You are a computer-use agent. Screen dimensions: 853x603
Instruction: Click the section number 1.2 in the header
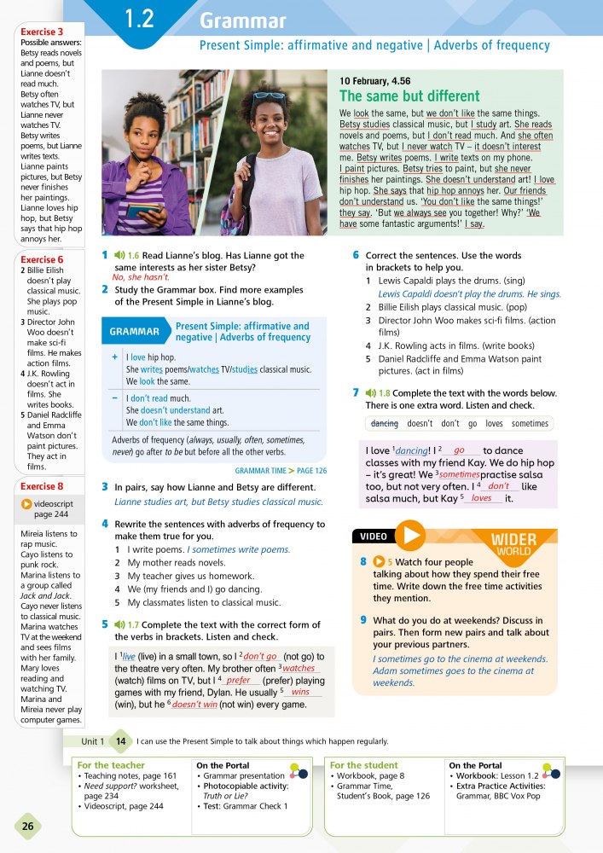[x=139, y=19]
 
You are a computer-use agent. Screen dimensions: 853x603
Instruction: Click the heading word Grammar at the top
[x=242, y=21]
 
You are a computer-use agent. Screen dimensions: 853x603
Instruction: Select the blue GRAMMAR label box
[x=134, y=332]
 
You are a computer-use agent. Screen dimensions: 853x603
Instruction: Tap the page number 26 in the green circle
[x=27, y=826]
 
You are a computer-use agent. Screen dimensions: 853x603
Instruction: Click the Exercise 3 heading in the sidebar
[x=42, y=32]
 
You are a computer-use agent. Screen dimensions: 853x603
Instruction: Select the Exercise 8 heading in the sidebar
[x=42, y=487]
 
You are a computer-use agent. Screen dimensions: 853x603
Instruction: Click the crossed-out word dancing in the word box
[x=385, y=423]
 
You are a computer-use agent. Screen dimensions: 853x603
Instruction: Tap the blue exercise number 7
[x=356, y=392]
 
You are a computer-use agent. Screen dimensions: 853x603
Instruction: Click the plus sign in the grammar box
[x=114, y=357]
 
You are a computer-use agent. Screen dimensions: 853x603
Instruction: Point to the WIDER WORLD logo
[x=514, y=544]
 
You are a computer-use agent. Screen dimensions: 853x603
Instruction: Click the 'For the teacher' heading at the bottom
[x=111, y=765]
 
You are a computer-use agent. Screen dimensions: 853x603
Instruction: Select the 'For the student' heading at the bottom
[x=364, y=765]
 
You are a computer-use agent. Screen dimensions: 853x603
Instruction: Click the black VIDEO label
[x=374, y=537]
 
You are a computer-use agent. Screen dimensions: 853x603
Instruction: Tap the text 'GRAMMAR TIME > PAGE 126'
[x=279, y=470]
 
